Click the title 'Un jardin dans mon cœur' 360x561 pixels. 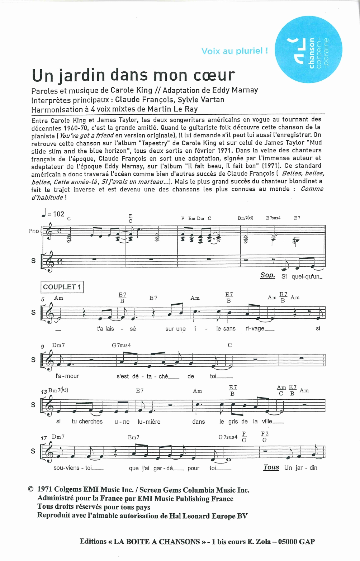pos(133,75)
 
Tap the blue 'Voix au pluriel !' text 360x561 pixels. pos(235,51)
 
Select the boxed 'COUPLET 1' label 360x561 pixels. pos(62,287)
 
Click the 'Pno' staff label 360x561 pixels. pos(33,231)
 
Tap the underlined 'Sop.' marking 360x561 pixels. pos(267,275)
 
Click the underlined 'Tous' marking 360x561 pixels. pos(271,467)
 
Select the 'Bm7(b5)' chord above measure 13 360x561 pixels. pos(58,390)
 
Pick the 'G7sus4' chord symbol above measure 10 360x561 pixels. pos(121,345)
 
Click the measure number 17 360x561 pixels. pos(44,438)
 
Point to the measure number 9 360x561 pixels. pos(43,346)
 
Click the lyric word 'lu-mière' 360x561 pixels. pos(149,422)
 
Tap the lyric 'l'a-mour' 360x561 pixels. pos(67,376)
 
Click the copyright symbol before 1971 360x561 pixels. pos(31,490)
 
